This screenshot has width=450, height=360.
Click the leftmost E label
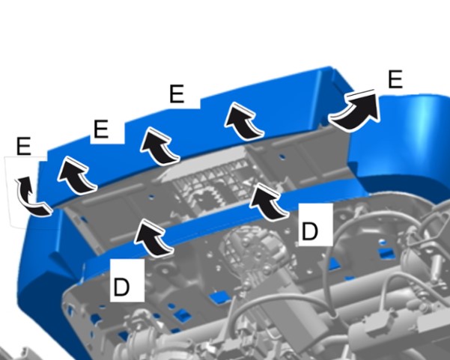click(23, 146)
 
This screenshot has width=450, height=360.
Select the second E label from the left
click(101, 129)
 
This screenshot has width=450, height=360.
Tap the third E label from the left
click(177, 94)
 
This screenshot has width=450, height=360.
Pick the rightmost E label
click(395, 79)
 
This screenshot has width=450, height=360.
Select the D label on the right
click(310, 231)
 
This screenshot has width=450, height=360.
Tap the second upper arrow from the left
click(77, 176)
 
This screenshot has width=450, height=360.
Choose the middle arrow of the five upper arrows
click(159, 146)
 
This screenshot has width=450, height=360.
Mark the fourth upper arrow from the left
click(243, 121)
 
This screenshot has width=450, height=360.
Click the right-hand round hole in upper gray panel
click(282, 157)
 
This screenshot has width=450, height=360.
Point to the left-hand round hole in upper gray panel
click(151, 197)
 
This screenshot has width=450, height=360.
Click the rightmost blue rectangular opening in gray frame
click(386, 252)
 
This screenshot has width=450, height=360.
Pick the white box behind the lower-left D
click(127, 281)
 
